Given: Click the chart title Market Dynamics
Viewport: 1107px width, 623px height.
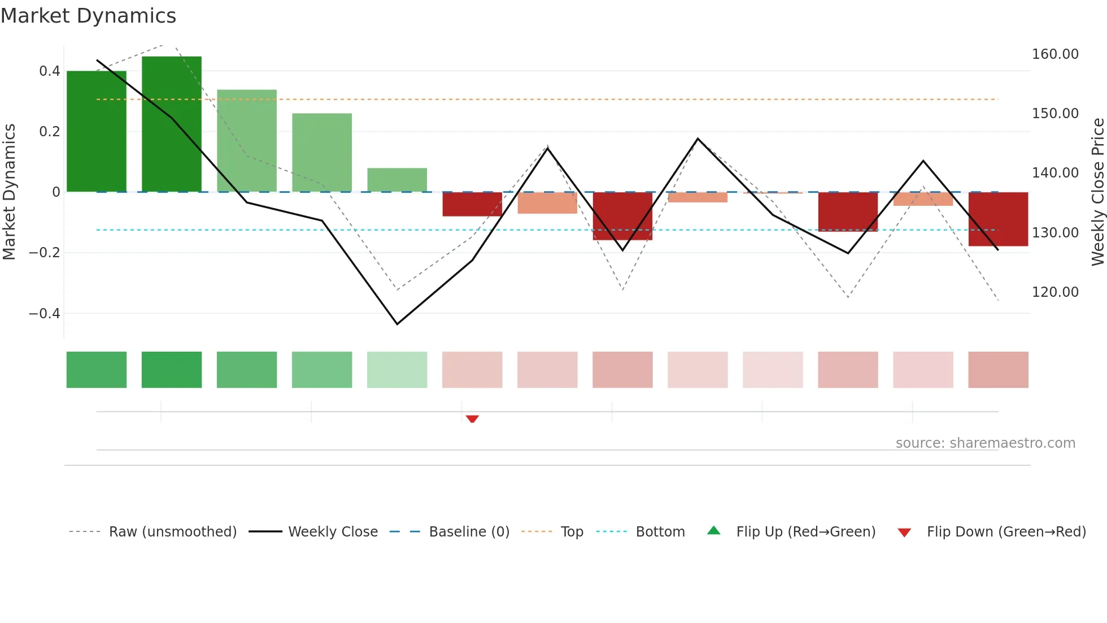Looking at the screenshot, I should pos(88,16).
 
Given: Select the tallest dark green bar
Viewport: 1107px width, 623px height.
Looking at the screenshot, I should pos(172,124).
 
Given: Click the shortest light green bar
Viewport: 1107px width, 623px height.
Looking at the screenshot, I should pos(397,180).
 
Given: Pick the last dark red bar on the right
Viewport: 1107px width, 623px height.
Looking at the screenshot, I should pos(998,219).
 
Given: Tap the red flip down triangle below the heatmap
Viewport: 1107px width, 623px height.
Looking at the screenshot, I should pos(472,419).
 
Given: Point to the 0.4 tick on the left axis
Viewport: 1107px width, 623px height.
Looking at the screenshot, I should pos(50,71).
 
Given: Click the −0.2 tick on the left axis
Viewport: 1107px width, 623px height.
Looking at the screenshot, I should pos(45,253).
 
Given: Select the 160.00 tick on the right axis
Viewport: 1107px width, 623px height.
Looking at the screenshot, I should pos(1055,54).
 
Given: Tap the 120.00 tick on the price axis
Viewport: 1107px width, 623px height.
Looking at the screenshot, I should pos(1055,292).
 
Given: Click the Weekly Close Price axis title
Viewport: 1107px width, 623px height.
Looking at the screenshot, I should pos(1097,192).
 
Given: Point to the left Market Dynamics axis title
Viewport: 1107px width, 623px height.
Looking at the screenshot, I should pos(9,192).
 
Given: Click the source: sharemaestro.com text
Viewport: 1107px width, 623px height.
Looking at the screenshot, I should pos(985,443).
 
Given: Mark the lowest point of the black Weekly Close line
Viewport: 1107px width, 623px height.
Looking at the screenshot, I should pos(397,324).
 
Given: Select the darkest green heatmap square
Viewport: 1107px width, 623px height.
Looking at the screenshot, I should pos(172,370).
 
